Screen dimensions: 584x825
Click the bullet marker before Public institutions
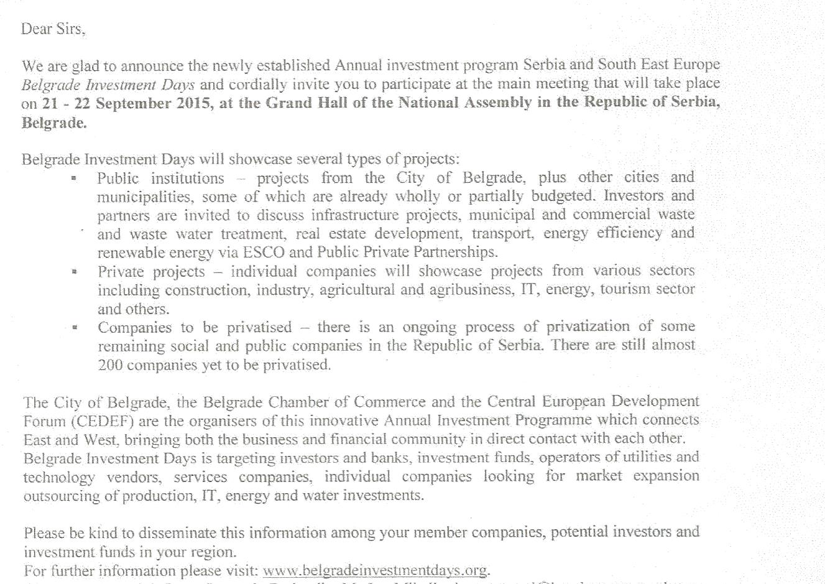(75, 179)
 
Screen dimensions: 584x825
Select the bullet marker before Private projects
(75, 272)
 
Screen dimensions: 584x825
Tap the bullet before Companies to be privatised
(75, 328)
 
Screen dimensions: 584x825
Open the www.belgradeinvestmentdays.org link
(375, 571)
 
